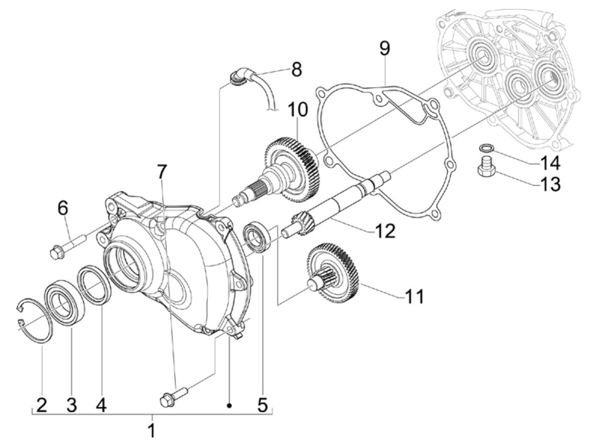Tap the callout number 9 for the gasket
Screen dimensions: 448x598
(x=384, y=49)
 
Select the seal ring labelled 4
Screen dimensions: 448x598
(x=95, y=283)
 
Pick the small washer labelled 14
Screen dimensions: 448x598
(x=485, y=148)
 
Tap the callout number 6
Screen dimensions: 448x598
(x=63, y=208)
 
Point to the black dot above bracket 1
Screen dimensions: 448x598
(x=229, y=405)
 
